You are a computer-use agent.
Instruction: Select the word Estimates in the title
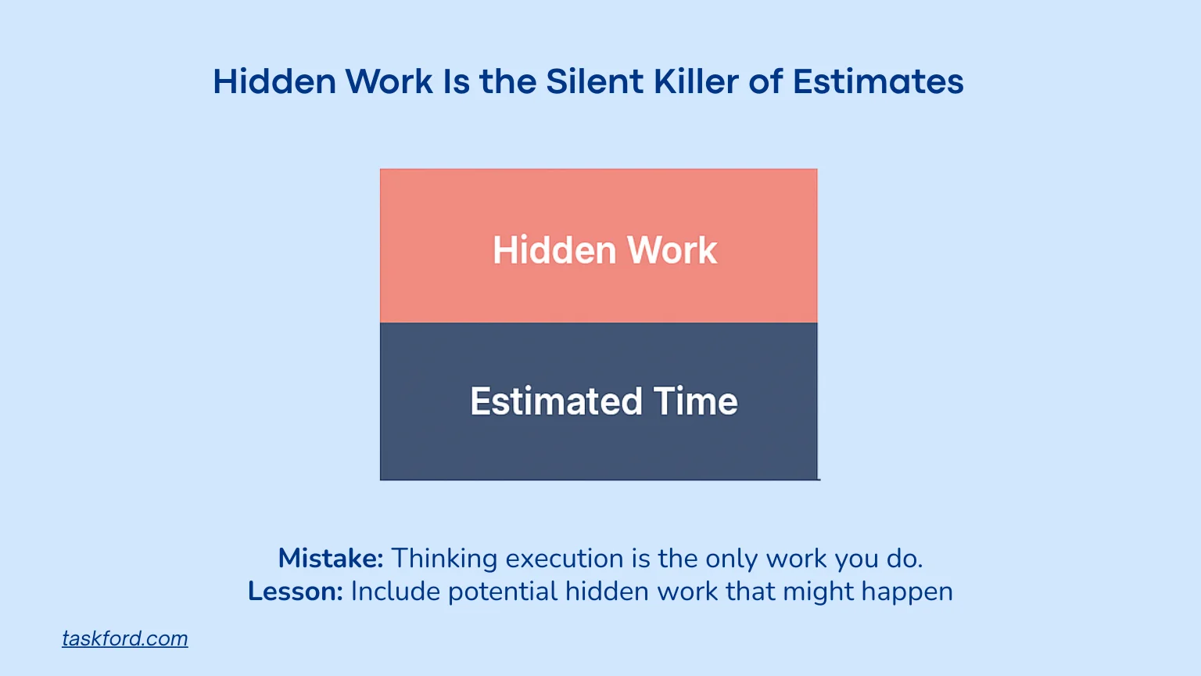[x=877, y=81]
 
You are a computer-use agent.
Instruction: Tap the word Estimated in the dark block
[x=555, y=401]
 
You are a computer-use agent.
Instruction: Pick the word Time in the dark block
[x=696, y=401]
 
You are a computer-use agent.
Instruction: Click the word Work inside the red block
[x=672, y=250]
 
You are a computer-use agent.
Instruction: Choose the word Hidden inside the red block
[x=554, y=250]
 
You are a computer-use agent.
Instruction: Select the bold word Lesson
[x=296, y=591]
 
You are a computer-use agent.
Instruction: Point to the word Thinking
[x=444, y=558]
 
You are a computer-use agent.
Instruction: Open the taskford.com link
[x=125, y=638]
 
